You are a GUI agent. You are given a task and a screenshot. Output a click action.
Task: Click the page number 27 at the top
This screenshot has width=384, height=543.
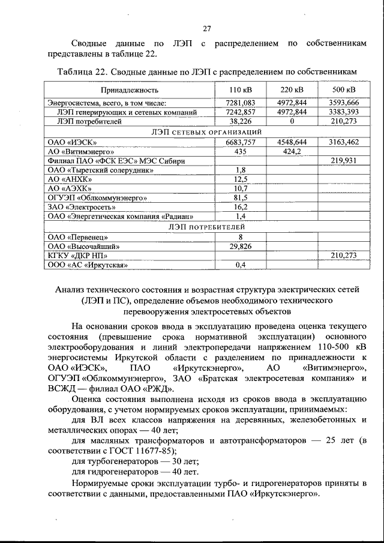pos(206,29)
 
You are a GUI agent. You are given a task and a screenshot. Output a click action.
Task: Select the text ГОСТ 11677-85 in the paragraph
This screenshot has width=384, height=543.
pos(127,450)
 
